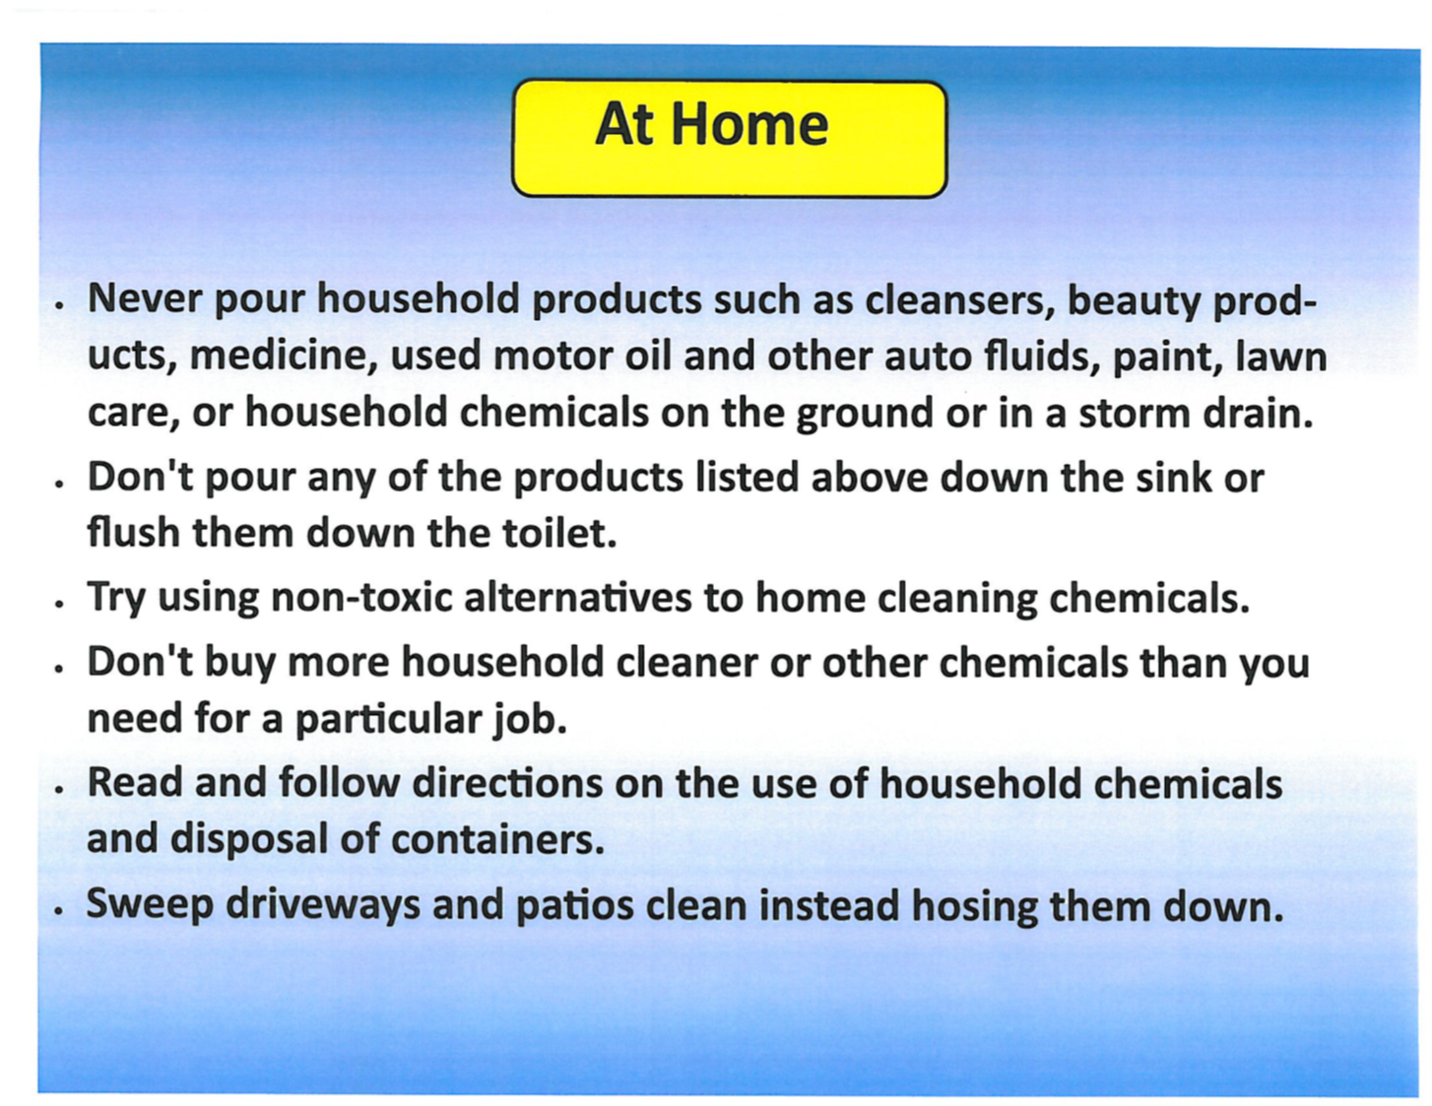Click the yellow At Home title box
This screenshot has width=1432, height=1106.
point(729,138)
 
